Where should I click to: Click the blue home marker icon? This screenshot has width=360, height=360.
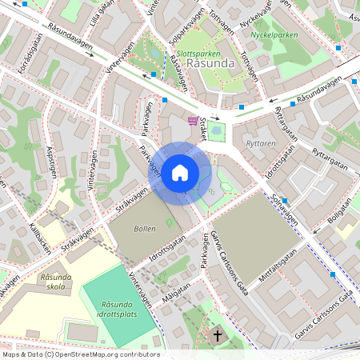180,172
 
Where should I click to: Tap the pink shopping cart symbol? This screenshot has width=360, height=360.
192,121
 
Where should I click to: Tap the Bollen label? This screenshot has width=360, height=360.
145,229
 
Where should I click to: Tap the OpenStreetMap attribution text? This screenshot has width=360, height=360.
80,354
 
